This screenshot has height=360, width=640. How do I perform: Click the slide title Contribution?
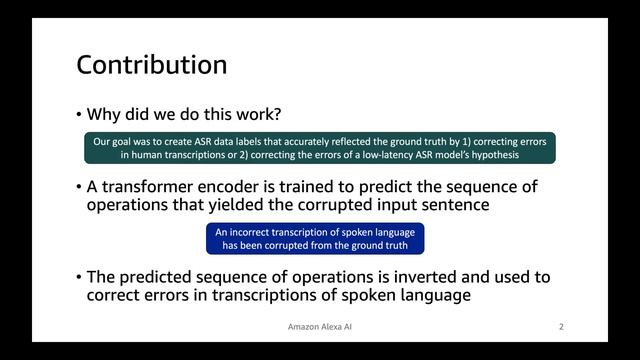tap(152, 66)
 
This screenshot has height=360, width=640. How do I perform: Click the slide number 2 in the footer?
tap(562, 327)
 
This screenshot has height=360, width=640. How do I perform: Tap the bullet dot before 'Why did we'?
tap(79, 115)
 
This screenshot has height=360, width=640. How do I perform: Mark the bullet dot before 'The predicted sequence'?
tap(79, 277)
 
